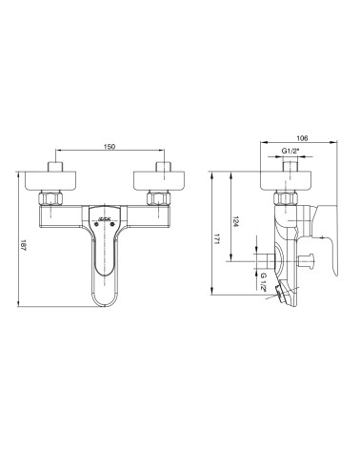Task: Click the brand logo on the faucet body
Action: click(105, 220)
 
